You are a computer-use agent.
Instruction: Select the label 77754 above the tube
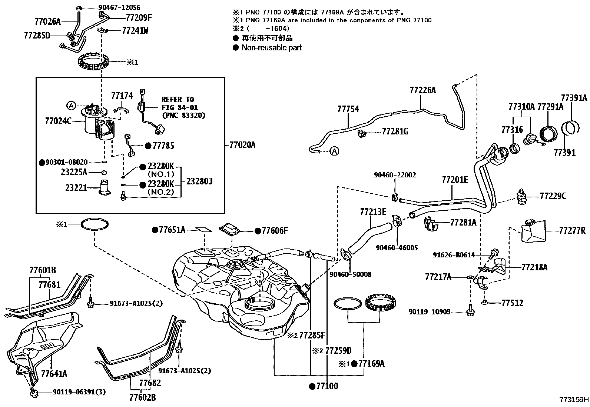click(348, 109)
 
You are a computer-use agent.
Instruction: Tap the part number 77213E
click(373, 212)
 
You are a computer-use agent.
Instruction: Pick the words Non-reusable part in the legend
click(271, 48)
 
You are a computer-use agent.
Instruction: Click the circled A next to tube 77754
click(334, 151)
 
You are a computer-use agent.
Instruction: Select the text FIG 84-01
click(179, 108)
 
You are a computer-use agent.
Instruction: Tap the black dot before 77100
click(312, 387)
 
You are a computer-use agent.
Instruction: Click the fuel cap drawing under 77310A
click(529, 140)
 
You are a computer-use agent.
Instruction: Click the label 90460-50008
click(350, 274)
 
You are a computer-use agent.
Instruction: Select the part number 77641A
click(54, 373)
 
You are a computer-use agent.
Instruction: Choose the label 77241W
click(135, 31)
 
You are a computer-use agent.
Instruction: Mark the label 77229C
click(553, 196)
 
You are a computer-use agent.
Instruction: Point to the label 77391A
click(574, 98)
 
